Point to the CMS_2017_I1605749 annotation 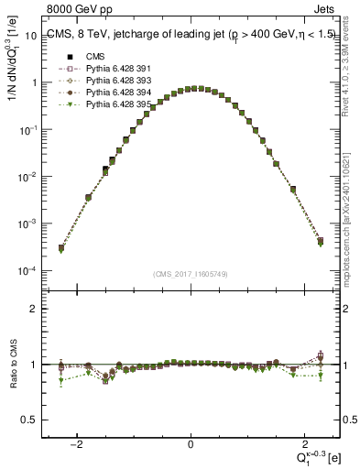click(190, 273)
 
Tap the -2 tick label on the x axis click(80, 443)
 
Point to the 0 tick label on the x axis click(191, 443)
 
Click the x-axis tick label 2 click(300, 443)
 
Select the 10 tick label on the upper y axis click(29, 35)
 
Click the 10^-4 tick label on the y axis click(27, 271)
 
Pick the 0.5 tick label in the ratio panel click(28, 420)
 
